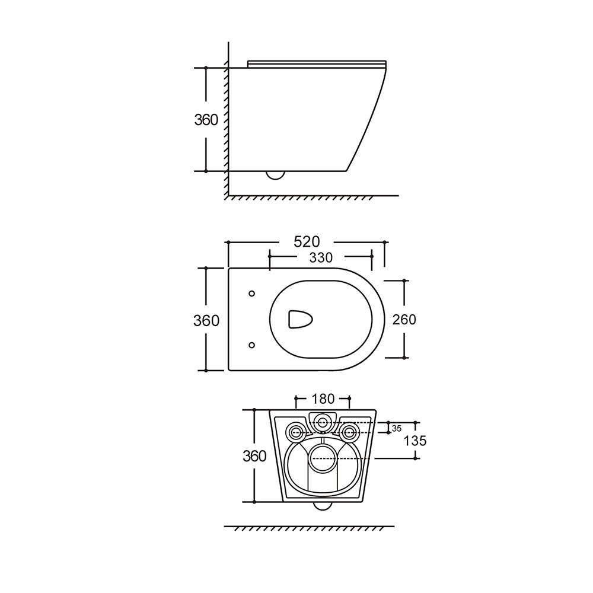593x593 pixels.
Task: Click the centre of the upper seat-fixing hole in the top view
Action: pos(252,294)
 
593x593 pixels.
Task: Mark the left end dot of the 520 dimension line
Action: pos(228,242)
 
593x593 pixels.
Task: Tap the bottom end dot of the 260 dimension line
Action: pos(404,358)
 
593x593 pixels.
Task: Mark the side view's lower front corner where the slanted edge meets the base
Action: pos(346,171)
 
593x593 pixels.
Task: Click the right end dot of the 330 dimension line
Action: pos(371,256)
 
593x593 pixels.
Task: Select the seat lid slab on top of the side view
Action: pos(317,64)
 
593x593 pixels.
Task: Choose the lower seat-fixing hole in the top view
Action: pos(252,345)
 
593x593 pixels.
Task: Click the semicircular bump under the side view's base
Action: pos(275,175)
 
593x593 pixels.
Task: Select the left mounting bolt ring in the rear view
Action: pos(295,432)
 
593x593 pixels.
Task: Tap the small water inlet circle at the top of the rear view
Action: pos(322,422)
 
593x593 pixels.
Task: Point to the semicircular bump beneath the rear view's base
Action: pos(323,506)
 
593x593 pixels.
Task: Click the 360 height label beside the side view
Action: pos(206,120)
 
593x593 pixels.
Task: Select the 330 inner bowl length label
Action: pos(321,257)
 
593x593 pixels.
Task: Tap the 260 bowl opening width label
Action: pos(404,320)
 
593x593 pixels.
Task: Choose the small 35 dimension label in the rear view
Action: pos(397,429)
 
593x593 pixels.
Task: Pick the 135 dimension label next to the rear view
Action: pos(415,441)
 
